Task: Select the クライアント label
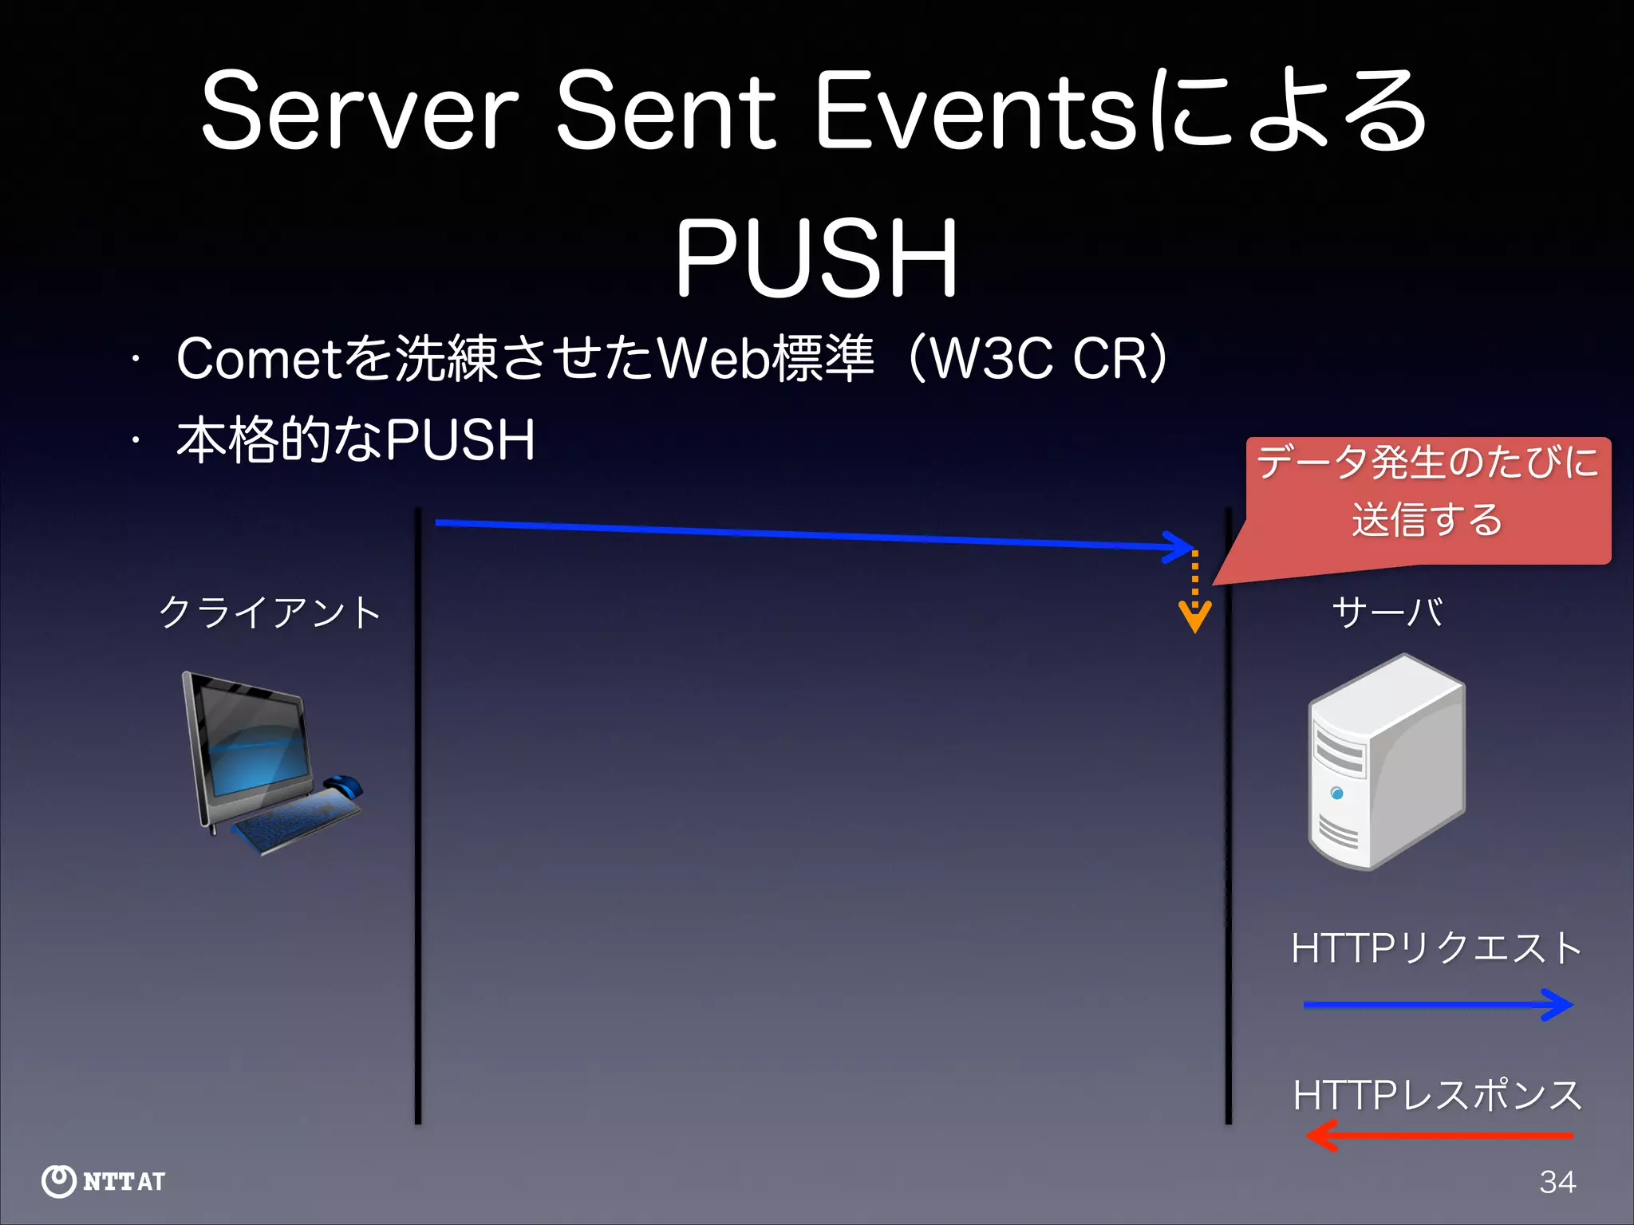click(x=270, y=612)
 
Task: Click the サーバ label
click(x=1387, y=612)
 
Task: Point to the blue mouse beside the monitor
click(x=343, y=786)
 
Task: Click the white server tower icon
click(x=1387, y=762)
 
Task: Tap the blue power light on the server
click(x=1337, y=793)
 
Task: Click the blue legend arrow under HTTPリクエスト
click(x=1436, y=1005)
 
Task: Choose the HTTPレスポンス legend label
click(x=1436, y=1095)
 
